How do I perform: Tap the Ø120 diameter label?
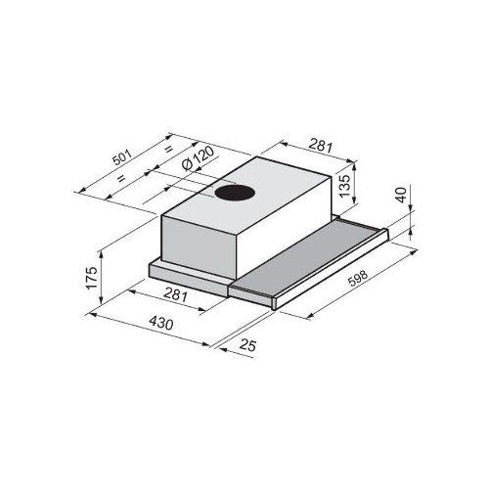199,158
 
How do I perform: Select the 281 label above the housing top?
321,146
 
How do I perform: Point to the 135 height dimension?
344,186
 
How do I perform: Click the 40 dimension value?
401,195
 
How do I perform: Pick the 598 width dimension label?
358,278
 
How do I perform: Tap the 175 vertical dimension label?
92,278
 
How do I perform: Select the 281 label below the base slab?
175,295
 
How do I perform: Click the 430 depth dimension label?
161,324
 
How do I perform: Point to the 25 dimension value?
247,345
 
